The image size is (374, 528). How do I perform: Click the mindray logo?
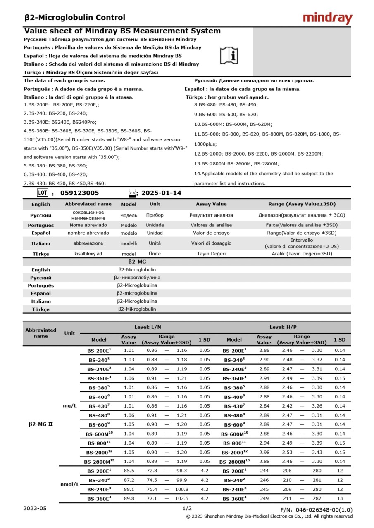(327, 18)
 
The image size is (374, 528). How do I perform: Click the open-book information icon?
(229, 55)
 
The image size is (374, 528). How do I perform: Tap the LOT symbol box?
(43, 193)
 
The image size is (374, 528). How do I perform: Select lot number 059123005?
(79, 193)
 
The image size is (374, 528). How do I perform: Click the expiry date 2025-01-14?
(161, 193)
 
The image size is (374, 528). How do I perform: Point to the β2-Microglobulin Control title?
(75, 18)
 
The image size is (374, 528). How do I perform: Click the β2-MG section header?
(137, 262)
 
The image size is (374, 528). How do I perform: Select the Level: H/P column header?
(283, 327)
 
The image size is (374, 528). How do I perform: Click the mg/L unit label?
(70, 406)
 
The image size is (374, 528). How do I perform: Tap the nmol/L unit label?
(70, 484)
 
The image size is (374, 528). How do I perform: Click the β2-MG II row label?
(40, 424)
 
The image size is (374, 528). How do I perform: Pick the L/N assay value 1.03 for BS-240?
(129, 360)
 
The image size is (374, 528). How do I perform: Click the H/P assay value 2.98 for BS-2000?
(264, 452)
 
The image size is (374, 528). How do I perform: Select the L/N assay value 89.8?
(129, 498)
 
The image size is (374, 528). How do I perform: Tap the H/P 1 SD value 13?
(340, 498)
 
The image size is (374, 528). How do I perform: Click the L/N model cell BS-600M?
(99, 434)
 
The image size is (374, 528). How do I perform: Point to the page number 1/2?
(187, 509)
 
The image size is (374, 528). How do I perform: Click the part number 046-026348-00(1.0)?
(316, 510)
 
